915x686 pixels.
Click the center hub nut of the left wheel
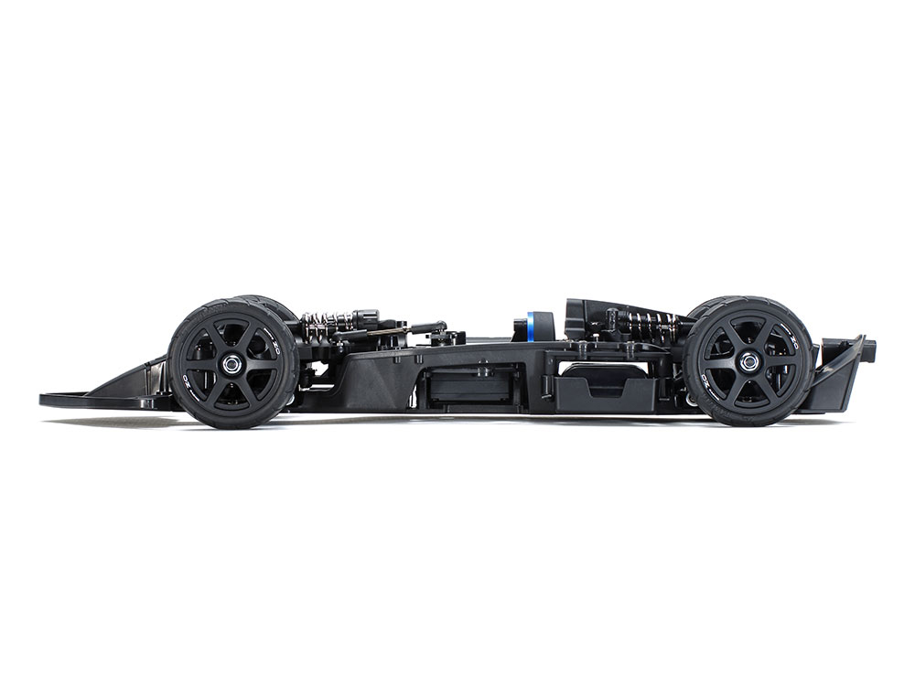[x=231, y=363]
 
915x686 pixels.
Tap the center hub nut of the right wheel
[x=748, y=362]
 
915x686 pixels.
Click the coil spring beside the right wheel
[x=651, y=322]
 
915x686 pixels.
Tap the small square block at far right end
[x=869, y=348]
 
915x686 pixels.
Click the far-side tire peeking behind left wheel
[x=265, y=305]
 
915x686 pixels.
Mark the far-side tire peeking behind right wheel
[x=714, y=305]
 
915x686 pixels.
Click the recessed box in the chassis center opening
[x=467, y=384]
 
